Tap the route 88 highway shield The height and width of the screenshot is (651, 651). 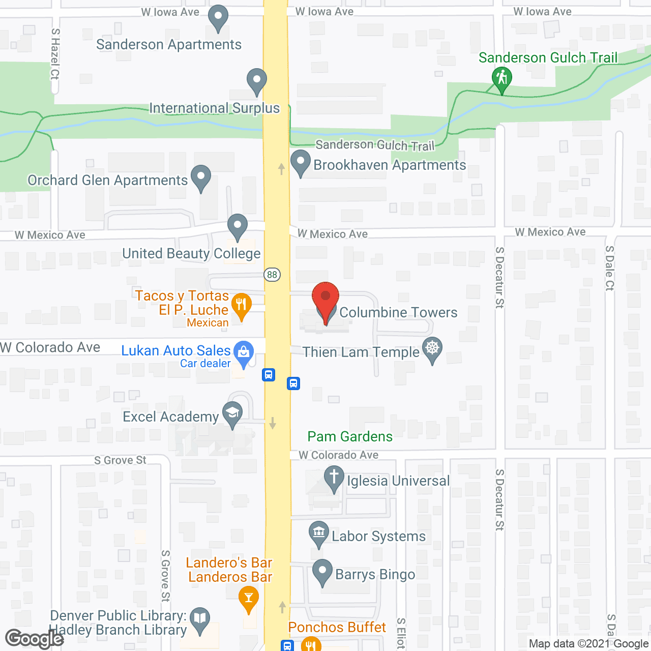click(x=272, y=275)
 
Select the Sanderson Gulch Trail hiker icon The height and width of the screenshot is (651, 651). click(x=502, y=78)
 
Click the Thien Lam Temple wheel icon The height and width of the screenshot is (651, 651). click(x=432, y=348)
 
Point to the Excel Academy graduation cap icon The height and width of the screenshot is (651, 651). click(x=232, y=412)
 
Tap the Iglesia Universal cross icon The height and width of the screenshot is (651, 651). click(x=334, y=478)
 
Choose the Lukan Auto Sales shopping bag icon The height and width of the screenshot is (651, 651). click(x=244, y=351)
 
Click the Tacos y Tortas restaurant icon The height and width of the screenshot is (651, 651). click(x=241, y=305)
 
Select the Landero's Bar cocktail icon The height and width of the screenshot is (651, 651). click(x=249, y=596)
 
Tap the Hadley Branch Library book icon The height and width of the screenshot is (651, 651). click(x=200, y=618)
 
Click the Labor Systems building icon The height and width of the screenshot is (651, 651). click(x=319, y=533)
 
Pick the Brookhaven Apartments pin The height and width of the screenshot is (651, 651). click(x=301, y=161)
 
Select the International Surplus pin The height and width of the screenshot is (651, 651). click(x=257, y=80)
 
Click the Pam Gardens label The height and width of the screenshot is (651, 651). click(x=350, y=436)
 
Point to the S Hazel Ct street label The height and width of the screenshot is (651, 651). click(x=55, y=54)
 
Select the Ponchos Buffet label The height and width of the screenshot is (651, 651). click(x=337, y=627)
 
